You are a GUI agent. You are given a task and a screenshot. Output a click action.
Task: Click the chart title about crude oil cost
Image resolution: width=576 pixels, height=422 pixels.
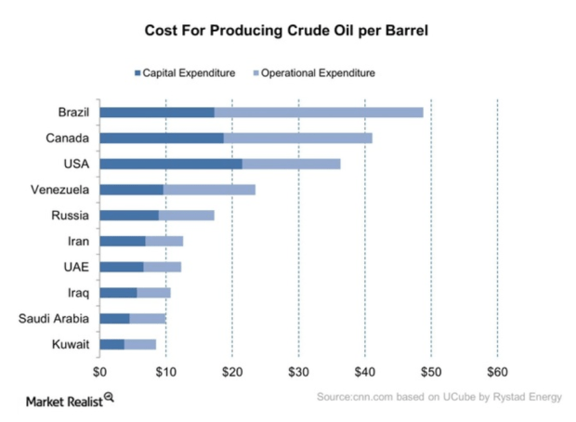coord(287,30)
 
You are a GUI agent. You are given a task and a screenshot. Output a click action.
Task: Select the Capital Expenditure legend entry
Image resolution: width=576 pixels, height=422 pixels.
coord(185,73)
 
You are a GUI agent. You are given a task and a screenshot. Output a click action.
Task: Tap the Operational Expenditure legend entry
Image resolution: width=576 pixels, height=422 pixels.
coord(317,73)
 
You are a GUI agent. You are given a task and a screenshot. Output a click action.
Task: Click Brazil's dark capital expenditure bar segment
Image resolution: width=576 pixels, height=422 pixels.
coord(156,112)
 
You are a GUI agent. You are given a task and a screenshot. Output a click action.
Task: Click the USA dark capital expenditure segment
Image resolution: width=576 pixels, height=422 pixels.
coord(170,164)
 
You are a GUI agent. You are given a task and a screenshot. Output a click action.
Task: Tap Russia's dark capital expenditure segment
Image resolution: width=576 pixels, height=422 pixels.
coord(128,216)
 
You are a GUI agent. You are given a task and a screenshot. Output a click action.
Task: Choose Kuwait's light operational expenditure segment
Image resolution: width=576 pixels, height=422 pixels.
coord(139,345)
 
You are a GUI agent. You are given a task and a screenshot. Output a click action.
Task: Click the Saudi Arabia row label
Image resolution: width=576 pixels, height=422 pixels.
coord(54,319)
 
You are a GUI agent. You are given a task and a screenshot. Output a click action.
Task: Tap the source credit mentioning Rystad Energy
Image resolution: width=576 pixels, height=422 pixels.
coord(439,398)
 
